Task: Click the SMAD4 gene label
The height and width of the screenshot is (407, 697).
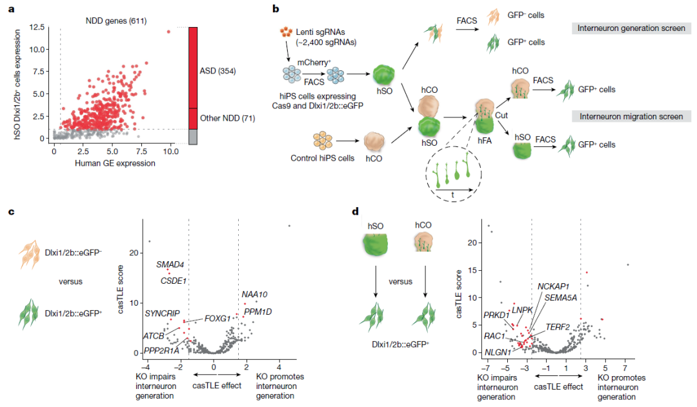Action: [x=170, y=265]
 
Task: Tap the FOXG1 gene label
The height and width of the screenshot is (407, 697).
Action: [x=217, y=319]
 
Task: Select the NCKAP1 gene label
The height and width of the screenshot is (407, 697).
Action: [x=553, y=286]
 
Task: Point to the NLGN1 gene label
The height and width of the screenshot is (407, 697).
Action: [x=498, y=352]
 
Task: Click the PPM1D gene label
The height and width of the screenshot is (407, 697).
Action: [x=258, y=312]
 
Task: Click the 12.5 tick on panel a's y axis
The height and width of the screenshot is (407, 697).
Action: [x=37, y=28]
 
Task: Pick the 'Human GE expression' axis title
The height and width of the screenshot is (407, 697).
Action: [x=115, y=163]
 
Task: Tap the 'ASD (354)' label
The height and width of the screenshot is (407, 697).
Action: [x=218, y=71]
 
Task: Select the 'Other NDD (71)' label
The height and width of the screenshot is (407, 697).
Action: [x=228, y=118]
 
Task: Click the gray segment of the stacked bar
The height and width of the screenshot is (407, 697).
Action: [x=193, y=137]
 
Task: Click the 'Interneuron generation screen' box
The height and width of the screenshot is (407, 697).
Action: [x=631, y=28]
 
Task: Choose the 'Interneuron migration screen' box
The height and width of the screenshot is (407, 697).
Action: [x=631, y=116]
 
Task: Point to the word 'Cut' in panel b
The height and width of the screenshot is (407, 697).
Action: [x=501, y=115]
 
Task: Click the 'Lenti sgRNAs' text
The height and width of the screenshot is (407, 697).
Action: [x=321, y=32]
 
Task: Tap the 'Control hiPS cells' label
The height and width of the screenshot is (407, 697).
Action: [x=323, y=158]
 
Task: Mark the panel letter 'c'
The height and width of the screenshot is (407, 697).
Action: [x=11, y=212]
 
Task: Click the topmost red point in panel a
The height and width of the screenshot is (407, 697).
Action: [x=168, y=32]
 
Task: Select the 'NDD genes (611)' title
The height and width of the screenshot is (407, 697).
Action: [x=116, y=21]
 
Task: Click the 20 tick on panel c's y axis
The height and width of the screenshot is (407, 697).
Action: [x=134, y=253]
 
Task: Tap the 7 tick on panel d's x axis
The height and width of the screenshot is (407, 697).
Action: [x=625, y=368]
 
